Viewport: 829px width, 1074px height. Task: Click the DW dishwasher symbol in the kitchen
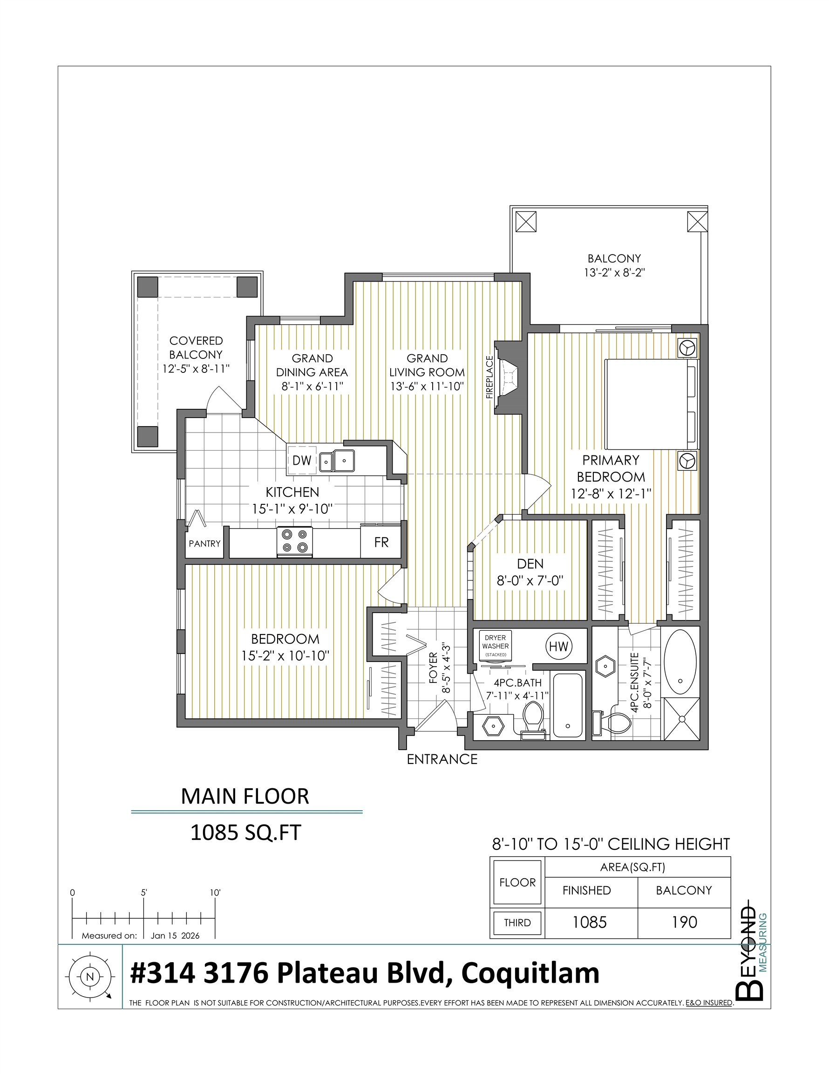tap(302, 460)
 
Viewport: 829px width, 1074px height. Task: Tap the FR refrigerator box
tap(381, 542)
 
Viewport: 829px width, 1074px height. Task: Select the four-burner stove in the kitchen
tap(295, 542)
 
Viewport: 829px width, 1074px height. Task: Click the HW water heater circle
tap(559, 647)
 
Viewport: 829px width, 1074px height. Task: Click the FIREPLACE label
tap(489, 377)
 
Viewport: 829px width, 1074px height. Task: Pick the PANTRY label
tap(205, 544)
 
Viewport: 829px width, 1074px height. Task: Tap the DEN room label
tap(530, 564)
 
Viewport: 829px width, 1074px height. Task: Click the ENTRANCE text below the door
tap(442, 759)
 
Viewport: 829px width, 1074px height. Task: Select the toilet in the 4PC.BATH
tap(533, 718)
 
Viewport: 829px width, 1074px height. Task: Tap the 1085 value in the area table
tap(590, 922)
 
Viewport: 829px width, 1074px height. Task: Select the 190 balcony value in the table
tap(685, 922)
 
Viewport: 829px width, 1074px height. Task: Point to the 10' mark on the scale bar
tap(215, 893)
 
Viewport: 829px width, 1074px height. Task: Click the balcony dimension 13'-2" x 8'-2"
tap(614, 273)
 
